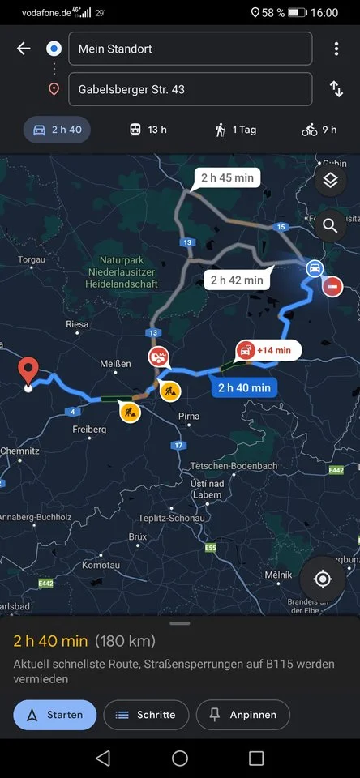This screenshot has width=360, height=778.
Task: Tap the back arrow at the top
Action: pos(24,49)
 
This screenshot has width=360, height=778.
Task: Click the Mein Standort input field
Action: pos(190,49)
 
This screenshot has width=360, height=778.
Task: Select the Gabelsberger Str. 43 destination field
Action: pos(190,89)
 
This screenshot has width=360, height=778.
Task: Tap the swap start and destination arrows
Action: pos(336,89)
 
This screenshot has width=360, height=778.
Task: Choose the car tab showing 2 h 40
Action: pos(57,130)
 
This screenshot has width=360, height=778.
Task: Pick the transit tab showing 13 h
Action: pos(148,130)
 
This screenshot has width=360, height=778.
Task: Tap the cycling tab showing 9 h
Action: pos(319,130)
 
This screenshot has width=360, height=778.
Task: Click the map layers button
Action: pos(330,181)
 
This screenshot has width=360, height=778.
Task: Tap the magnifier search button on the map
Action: pos(330,225)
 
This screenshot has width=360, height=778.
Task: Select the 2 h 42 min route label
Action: pos(237,280)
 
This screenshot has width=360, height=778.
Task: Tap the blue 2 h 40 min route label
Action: pos(244,387)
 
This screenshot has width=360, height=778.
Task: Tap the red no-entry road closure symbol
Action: pos(332,286)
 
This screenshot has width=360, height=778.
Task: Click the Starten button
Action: pos(55,715)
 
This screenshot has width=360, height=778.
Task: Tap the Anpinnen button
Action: pos(243,715)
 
